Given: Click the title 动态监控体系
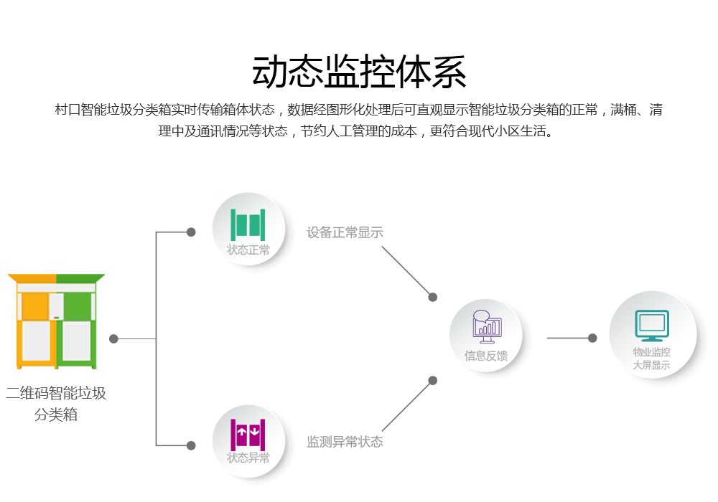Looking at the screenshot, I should tap(359, 72).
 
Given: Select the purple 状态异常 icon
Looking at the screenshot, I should tap(248, 433).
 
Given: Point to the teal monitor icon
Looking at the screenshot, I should tap(652, 326).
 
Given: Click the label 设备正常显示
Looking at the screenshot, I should tap(345, 232).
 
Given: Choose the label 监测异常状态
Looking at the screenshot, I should tap(345, 442).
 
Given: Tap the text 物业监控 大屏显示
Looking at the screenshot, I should tap(652, 359).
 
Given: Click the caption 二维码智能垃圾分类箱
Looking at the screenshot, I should tap(56, 403).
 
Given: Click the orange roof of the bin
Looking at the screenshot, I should tap(32, 278).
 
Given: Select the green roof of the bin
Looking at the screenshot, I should tap(80, 278).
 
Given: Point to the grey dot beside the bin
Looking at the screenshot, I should tap(113, 338).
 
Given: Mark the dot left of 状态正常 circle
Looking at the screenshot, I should tap(191, 232).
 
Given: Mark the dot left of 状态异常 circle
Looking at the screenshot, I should tap(191, 445).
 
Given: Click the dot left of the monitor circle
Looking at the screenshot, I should tap(592, 338).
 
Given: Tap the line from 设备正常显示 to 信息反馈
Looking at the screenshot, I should tap(407, 272).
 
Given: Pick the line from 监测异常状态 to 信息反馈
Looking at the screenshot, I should tap(407, 406).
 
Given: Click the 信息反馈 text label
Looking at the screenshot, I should tap(486, 356).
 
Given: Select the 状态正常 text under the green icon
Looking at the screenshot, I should tap(248, 250).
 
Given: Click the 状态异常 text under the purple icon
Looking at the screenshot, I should tap(248, 458).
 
